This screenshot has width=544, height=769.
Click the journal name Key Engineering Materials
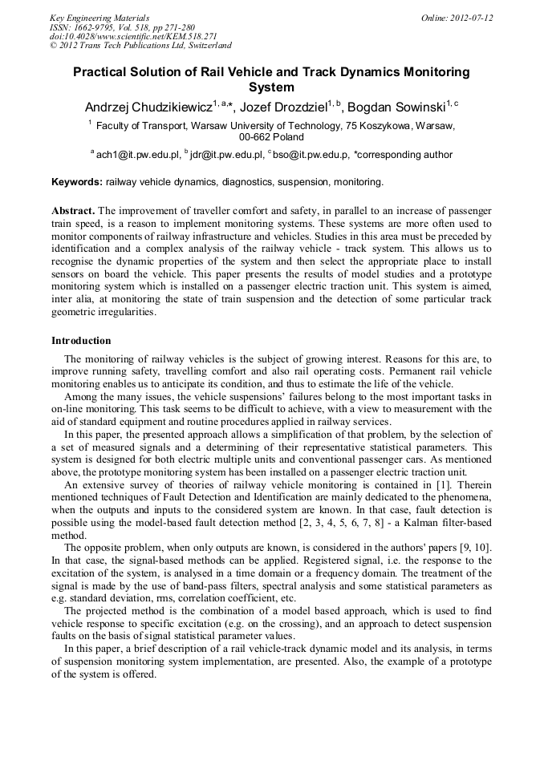99,18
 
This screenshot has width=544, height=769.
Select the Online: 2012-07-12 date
457,18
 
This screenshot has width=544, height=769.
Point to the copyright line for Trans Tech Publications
140,47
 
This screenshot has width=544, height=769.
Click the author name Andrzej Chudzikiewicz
148,107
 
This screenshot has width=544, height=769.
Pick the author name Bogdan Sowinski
406,107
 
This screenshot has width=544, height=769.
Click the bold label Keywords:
77,182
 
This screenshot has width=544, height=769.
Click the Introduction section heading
81,340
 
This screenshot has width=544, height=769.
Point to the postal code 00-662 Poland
271,137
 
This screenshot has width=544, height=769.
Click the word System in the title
271,87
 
